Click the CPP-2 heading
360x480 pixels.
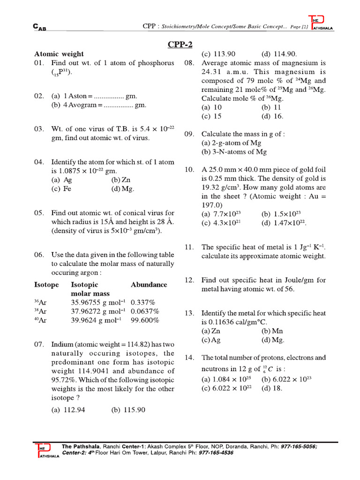[180, 45]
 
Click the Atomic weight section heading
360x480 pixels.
[59, 54]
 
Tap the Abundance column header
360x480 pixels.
[149, 285]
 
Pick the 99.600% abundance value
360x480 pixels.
[145, 320]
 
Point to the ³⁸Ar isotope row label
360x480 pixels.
[40, 311]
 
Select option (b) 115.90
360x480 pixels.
[128, 410]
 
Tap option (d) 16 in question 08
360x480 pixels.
[272, 116]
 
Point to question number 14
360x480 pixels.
[189, 358]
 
